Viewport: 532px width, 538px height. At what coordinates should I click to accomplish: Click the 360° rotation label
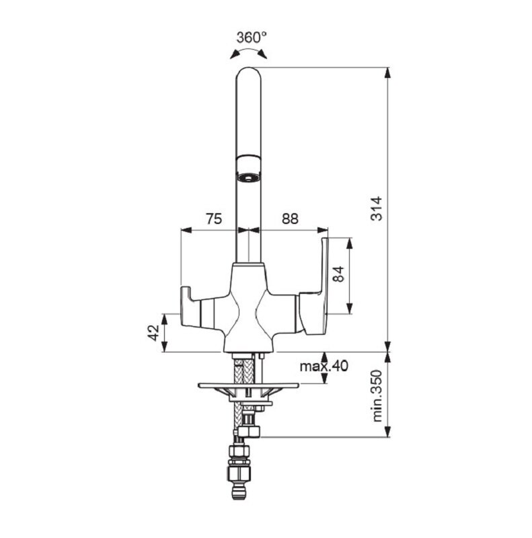click(x=252, y=37)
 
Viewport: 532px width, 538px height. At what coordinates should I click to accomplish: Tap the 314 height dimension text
click(x=377, y=208)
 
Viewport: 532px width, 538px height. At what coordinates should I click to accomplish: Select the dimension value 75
click(x=214, y=219)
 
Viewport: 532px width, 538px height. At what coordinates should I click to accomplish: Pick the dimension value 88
click(x=290, y=219)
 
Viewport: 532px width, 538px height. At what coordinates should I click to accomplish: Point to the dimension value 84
click(x=339, y=274)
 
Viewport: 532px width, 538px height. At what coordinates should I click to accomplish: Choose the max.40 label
click(x=324, y=366)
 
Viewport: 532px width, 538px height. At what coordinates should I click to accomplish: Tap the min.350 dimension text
click(x=377, y=395)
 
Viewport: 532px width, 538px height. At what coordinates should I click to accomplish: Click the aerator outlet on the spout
click(x=248, y=178)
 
